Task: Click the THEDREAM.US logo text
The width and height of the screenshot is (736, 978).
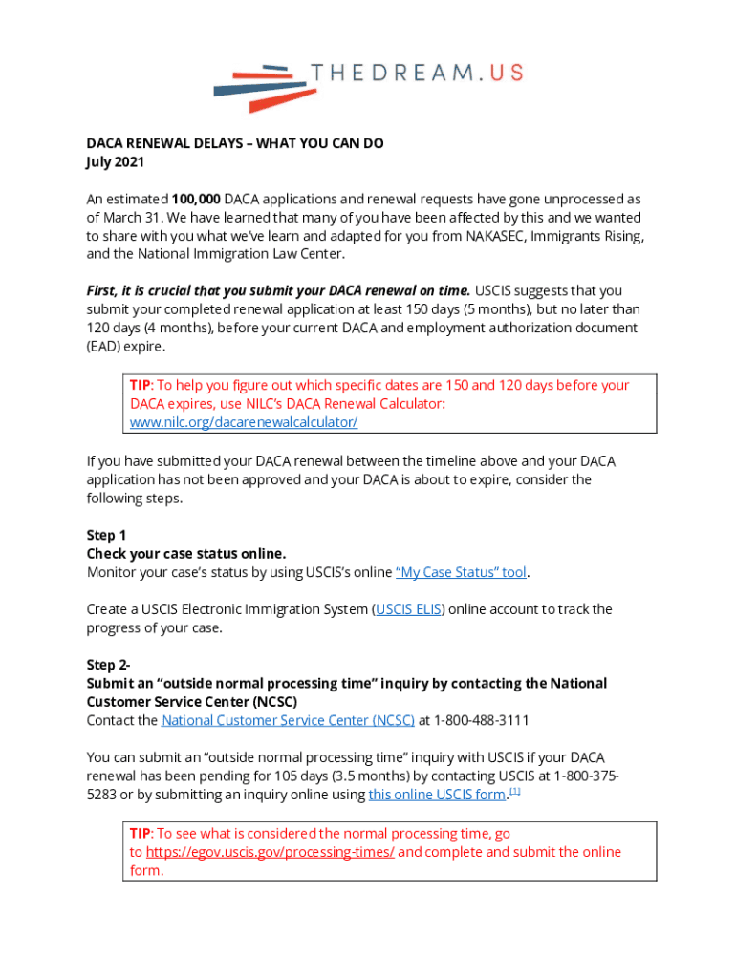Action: tap(417, 74)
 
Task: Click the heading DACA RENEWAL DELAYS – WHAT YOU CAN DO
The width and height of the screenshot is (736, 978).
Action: tap(235, 143)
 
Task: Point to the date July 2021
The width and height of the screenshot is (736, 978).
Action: tap(115, 162)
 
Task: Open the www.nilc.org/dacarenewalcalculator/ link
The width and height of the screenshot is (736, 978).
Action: tap(243, 421)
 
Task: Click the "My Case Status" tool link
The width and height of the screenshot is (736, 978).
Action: tap(462, 572)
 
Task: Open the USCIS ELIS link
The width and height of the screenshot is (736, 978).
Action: tap(408, 609)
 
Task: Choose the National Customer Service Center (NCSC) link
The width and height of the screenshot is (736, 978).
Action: tap(288, 720)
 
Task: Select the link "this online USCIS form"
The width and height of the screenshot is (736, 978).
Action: tap(436, 795)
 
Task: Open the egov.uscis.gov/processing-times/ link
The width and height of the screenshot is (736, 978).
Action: tap(270, 852)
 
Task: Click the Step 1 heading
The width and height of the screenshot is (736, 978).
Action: tap(106, 535)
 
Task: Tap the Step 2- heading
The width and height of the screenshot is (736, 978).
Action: tap(109, 665)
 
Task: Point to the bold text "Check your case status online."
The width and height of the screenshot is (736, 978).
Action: tap(186, 554)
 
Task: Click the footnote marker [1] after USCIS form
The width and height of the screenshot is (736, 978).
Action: tap(514, 791)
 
